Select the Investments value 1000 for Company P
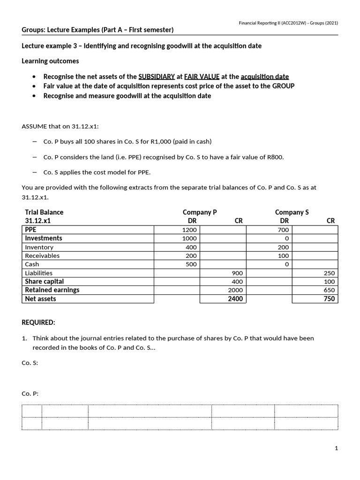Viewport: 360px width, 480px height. (190, 238)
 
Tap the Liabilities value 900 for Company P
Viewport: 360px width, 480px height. (237, 273)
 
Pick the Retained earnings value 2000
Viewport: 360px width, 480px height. (235, 290)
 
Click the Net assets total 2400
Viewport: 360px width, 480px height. (235, 299)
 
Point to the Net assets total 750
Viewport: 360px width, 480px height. (330, 299)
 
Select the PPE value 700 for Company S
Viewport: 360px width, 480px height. (284, 230)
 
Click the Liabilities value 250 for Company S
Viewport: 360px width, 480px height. (330, 273)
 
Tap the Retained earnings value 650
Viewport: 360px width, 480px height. (330, 290)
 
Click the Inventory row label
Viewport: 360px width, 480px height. (39, 247)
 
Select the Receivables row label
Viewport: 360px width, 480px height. (42, 255)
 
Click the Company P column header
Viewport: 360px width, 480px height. (200, 212)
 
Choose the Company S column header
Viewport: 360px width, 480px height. (292, 212)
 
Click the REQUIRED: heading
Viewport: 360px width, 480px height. (38, 322)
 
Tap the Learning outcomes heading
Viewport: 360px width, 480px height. (50, 61)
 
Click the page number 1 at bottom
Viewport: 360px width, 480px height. (336, 448)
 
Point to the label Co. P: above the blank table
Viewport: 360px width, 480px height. (30, 394)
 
